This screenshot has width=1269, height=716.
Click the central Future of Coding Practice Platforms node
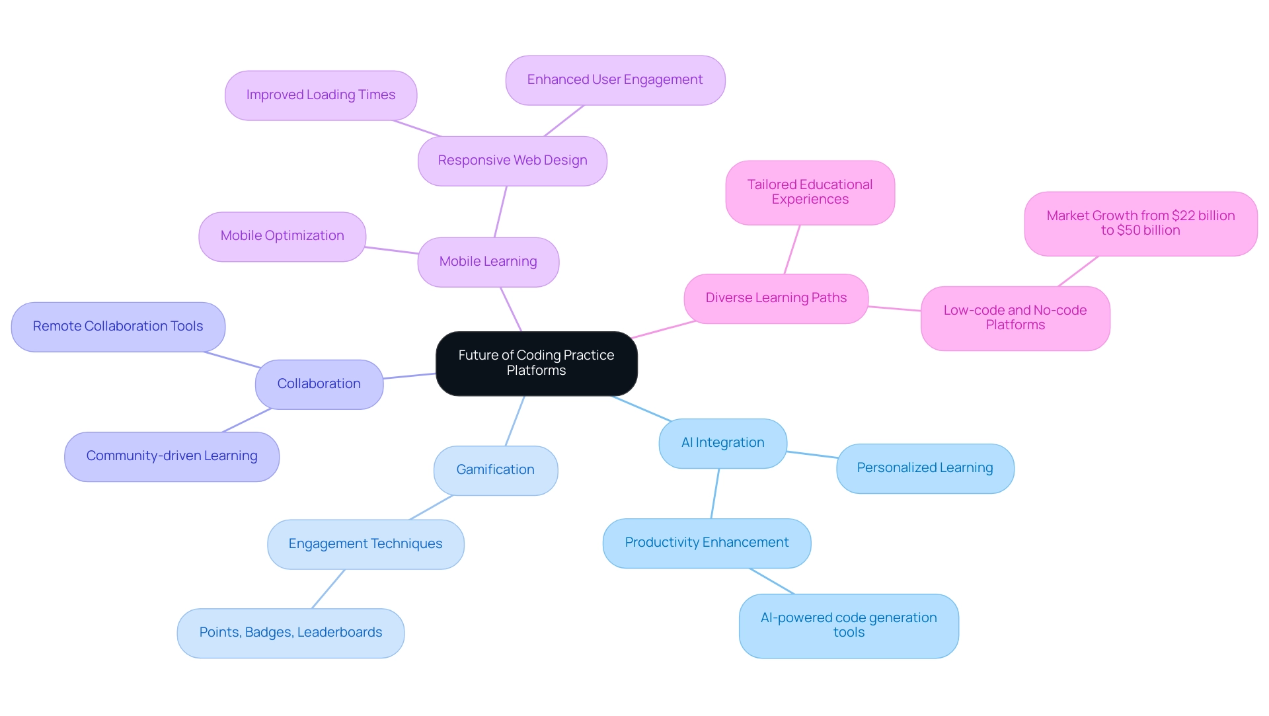(536, 363)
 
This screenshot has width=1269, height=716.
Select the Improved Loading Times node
(321, 95)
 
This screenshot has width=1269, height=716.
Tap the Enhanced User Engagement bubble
(615, 80)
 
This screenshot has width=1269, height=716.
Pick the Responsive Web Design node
(512, 161)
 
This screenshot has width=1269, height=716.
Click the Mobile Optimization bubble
(282, 236)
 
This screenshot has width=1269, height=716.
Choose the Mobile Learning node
(488, 262)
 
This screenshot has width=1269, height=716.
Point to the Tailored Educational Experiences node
(810, 192)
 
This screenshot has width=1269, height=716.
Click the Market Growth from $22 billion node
(1140, 223)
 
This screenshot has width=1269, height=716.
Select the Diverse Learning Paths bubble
(775, 298)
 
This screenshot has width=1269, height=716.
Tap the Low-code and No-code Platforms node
(1015, 318)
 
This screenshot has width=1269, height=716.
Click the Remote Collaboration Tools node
(118, 327)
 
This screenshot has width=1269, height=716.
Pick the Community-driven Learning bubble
(171, 456)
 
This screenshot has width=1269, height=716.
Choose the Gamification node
(495, 470)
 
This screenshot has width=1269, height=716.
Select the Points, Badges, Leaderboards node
(290, 633)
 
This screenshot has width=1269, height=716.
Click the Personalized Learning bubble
(925, 468)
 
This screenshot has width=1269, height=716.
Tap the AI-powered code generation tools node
(849, 625)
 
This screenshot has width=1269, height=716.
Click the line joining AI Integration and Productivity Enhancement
(715, 493)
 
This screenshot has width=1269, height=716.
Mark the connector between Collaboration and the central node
(410, 376)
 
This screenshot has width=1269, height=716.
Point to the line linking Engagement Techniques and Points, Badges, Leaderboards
(328, 588)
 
